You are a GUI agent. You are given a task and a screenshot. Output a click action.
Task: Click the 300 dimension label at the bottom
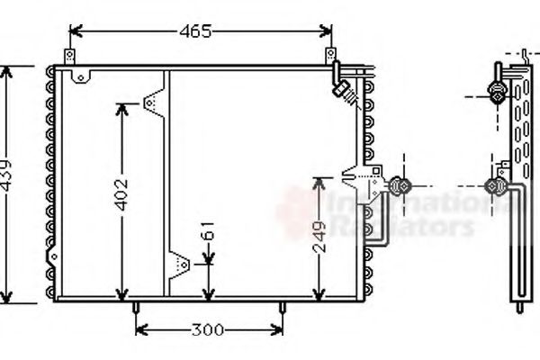(x=207, y=329)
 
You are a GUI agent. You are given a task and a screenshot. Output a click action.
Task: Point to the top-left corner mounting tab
(x=83, y=77)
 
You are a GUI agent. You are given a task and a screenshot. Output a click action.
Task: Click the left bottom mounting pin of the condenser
(x=135, y=308)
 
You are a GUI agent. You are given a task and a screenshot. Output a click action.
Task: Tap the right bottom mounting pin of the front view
(x=283, y=308)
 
